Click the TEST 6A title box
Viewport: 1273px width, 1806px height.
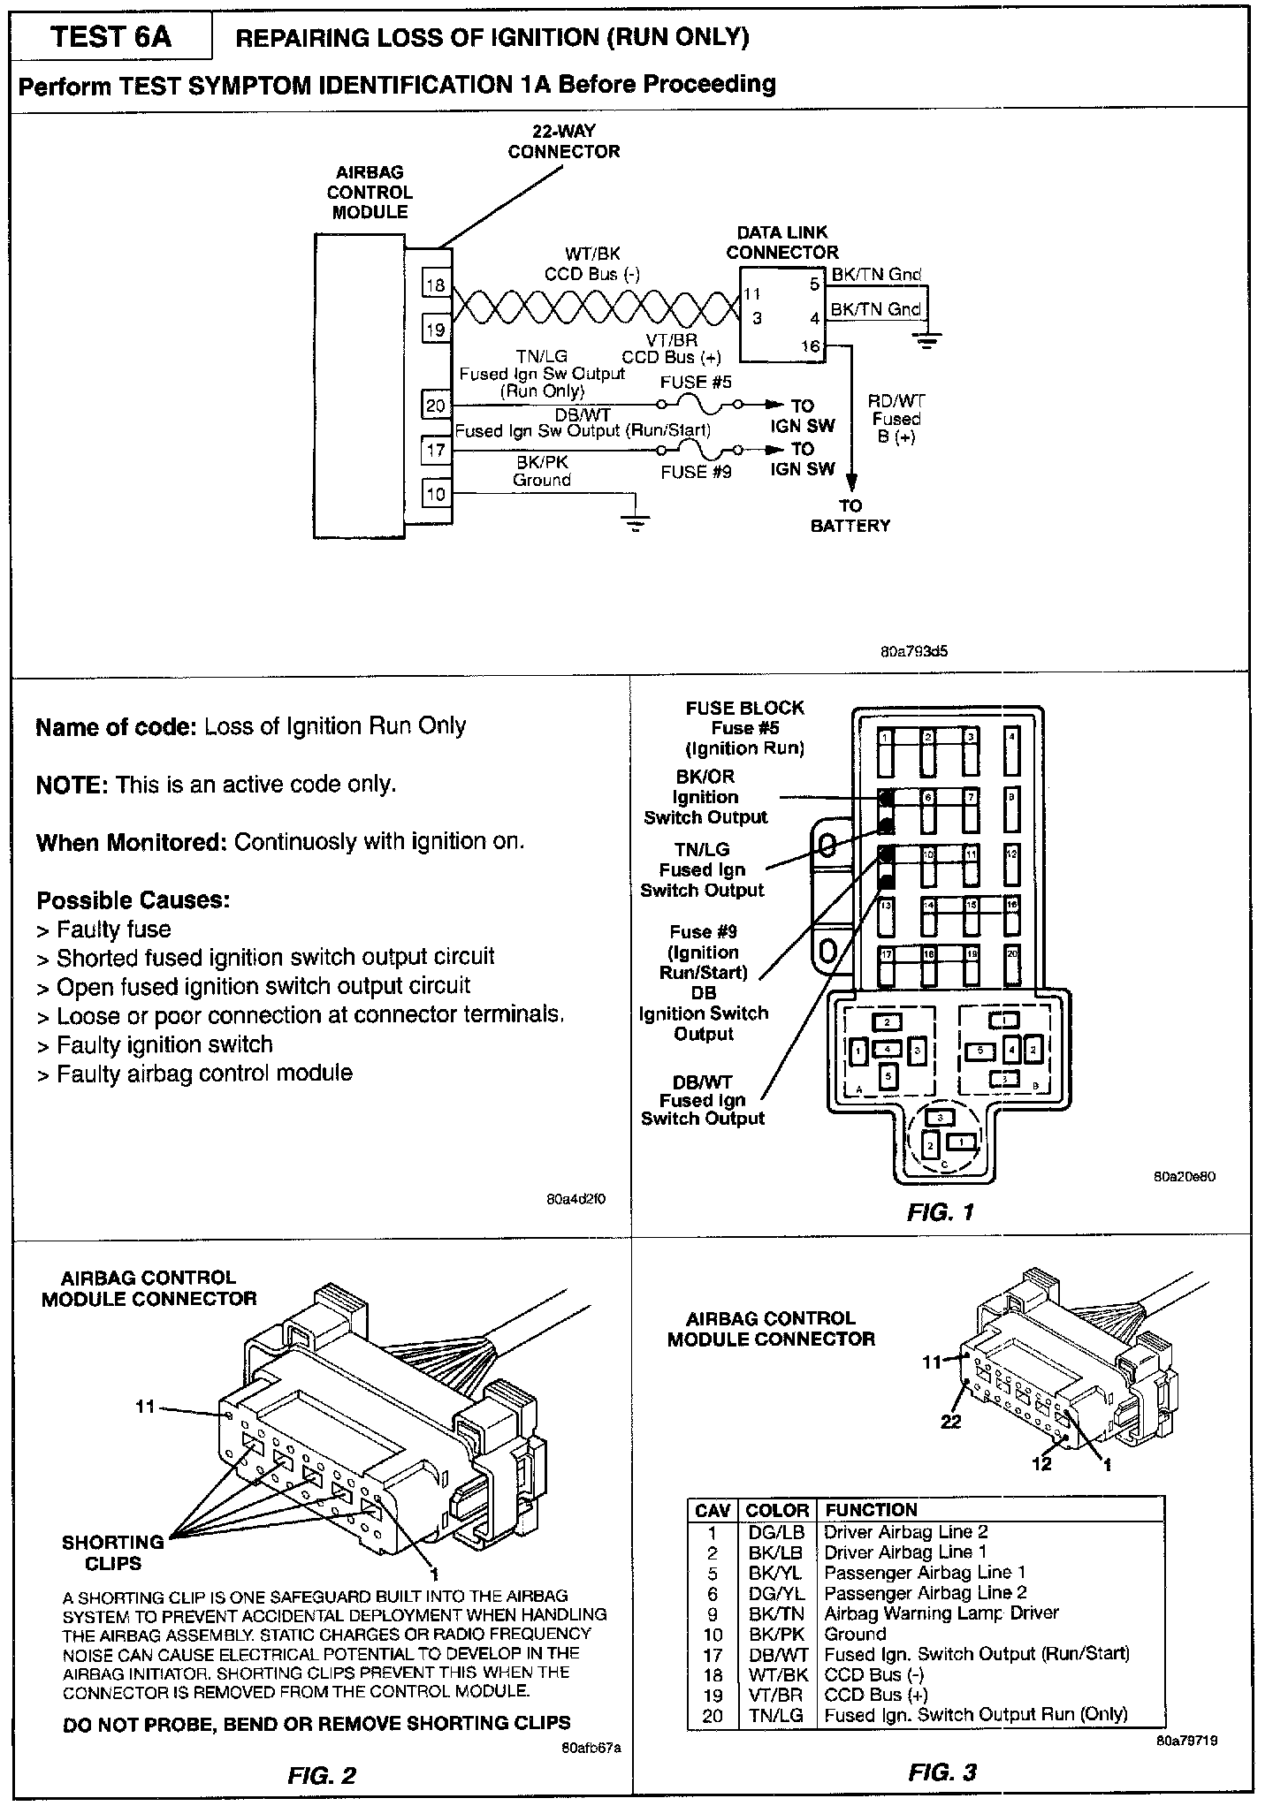coord(111,37)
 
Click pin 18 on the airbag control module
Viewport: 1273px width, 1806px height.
coord(436,285)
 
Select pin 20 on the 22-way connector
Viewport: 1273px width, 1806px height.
coord(436,406)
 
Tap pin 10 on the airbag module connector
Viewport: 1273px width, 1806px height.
coord(436,494)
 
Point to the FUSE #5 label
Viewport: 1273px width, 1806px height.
coord(696,383)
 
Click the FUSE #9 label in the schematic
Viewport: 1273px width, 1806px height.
coord(696,472)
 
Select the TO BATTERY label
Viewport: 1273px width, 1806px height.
coord(850,516)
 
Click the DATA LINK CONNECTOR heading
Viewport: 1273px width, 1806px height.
coord(782,242)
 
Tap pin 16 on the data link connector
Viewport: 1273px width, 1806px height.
coord(811,346)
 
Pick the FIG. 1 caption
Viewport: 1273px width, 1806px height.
coord(940,1212)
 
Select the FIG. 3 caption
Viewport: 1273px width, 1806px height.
coord(942,1772)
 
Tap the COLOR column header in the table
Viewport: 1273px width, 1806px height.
coord(777,1511)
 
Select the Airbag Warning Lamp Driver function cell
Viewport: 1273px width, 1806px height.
coord(941,1613)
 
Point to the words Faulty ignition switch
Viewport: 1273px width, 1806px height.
coord(164,1044)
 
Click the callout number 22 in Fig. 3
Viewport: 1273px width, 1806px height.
coord(950,1422)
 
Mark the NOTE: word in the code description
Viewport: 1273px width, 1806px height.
coord(72,785)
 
